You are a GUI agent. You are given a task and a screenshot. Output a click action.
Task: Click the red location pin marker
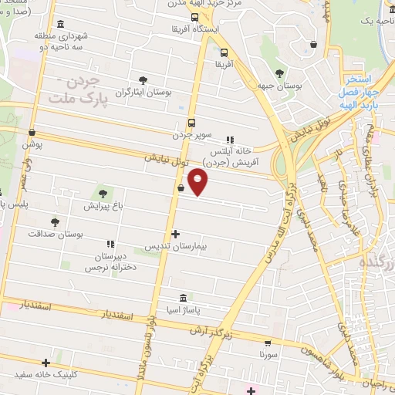pyautogui.click(x=198, y=181)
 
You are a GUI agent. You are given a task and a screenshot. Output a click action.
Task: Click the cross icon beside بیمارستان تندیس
pyautogui.click(x=176, y=234)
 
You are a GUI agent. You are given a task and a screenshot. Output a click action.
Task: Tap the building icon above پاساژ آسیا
pyautogui.click(x=183, y=298)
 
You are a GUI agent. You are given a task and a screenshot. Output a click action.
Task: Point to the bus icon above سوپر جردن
pyautogui.click(x=192, y=123)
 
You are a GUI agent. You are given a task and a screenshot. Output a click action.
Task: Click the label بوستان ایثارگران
pyautogui.click(x=143, y=93)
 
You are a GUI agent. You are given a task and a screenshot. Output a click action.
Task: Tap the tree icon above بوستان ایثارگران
pyautogui.click(x=143, y=79)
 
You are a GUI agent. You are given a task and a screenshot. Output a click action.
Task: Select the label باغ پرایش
pyautogui.click(x=103, y=206)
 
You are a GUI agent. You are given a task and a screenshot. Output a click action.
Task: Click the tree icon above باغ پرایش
pyautogui.click(x=103, y=193)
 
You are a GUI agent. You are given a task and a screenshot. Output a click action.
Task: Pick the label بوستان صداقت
pyautogui.click(x=55, y=233)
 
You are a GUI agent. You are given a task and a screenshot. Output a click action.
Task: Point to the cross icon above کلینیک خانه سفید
pyautogui.click(x=47, y=363)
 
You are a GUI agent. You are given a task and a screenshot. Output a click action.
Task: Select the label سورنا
pyautogui.click(x=268, y=356)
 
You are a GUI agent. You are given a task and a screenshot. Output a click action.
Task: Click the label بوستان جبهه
pyautogui.click(x=279, y=86)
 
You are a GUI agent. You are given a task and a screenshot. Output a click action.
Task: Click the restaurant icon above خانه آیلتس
pyautogui.click(x=230, y=140)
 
